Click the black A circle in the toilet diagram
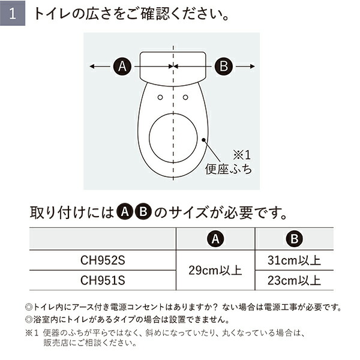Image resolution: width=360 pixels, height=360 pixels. [x=122, y=66]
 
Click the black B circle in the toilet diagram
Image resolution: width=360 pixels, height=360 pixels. [x=223, y=66]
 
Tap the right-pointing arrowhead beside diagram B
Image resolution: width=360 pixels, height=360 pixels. [x=254, y=66]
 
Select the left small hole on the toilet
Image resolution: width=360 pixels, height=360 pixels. [x=160, y=97]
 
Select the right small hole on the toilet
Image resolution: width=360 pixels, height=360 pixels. [x=185, y=97]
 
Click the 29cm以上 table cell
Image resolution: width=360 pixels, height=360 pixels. [x=214, y=271]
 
